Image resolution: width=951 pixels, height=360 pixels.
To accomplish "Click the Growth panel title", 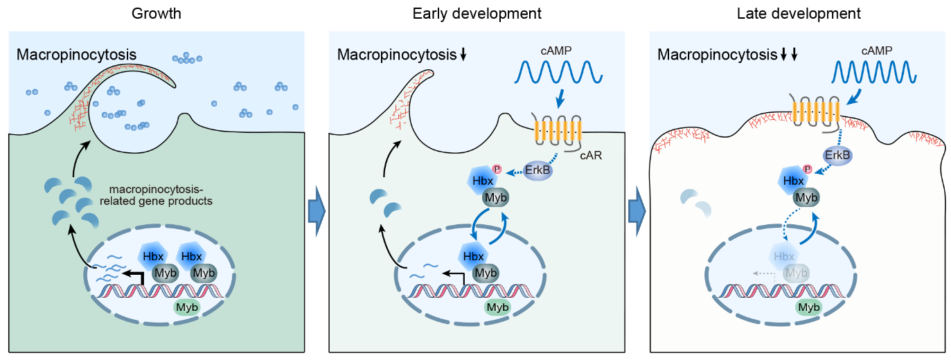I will pyautogui.click(x=157, y=13).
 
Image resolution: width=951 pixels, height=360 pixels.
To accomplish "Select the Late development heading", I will pyautogui.click(x=799, y=13).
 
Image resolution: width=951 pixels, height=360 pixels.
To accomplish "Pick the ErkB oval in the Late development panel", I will pyautogui.click(x=837, y=156).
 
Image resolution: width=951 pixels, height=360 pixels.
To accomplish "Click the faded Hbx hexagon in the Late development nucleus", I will pyautogui.click(x=784, y=257).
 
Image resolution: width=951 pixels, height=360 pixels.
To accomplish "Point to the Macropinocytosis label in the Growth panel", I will pyautogui.click(x=76, y=55).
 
